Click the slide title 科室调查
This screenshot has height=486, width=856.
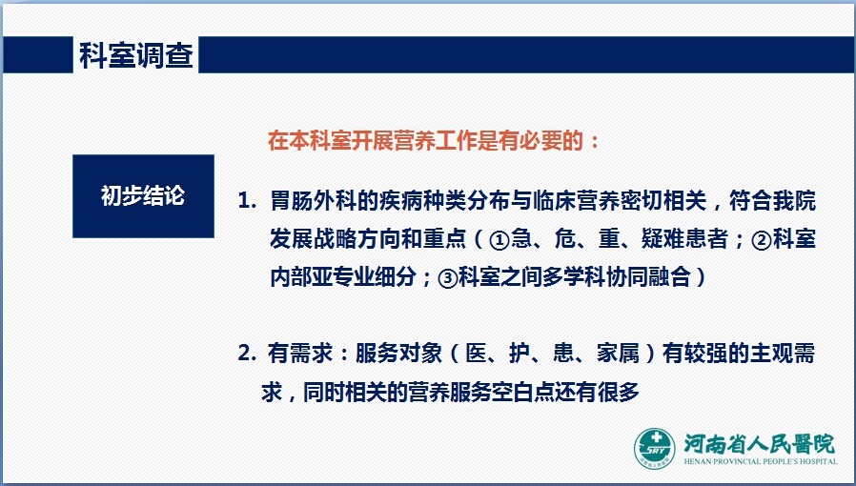pyautogui.click(x=136, y=55)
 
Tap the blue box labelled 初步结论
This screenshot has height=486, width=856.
pyautogui.click(x=143, y=195)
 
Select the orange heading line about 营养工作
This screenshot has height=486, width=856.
pyautogui.click(x=434, y=141)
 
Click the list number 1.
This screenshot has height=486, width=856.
pyautogui.click(x=247, y=201)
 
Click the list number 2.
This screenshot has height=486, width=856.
pyautogui.click(x=247, y=354)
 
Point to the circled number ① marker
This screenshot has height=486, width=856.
pyautogui.click(x=499, y=240)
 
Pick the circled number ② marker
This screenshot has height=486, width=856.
pyautogui.click(x=761, y=240)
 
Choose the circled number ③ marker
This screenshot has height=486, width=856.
pyautogui.click(x=448, y=278)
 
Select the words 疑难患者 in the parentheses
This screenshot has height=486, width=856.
pyautogui.click(x=685, y=239)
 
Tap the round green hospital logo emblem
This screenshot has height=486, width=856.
pyautogui.click(x=655, y=449)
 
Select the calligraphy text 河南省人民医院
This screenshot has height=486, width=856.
pyautogui.click(x=760, y=444)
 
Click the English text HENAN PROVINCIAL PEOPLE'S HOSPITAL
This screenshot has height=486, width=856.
pyautogui.click(x=761, y=461)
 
